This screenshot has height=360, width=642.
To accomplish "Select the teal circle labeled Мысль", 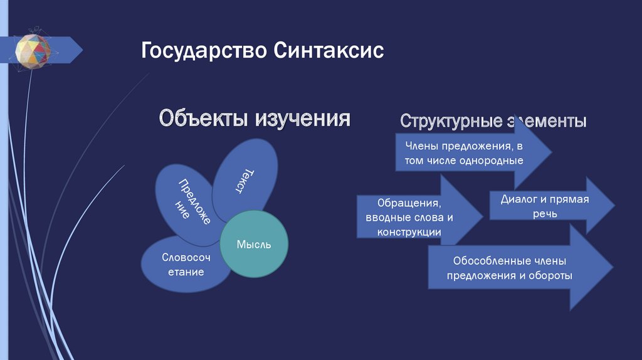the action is [254, 245].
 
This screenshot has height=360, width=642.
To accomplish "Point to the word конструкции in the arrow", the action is [409, 232].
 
